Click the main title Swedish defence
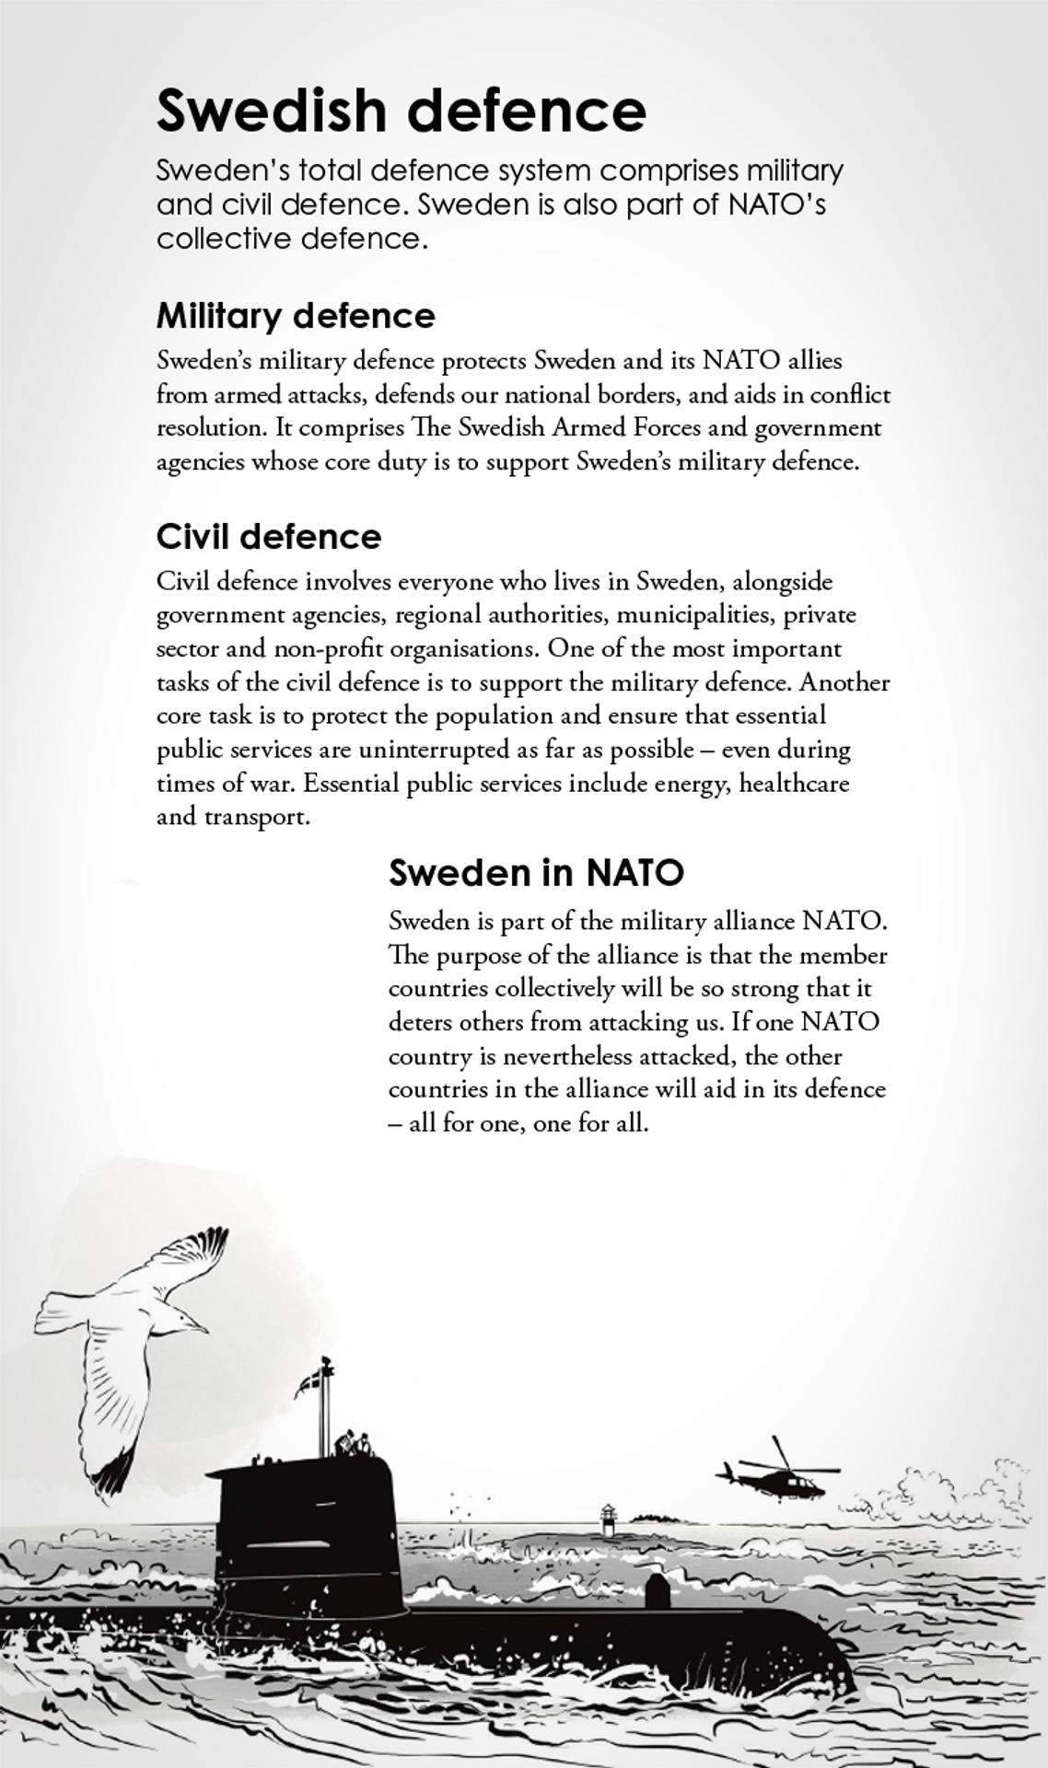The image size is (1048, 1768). pos(402,110)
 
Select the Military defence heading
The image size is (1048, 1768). pos(296,316)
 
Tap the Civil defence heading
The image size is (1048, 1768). pos(269,537)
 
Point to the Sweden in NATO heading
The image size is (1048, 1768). pos(536,872)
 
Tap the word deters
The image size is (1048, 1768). pos(420,1022)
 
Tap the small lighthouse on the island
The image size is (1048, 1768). pos(608,1519)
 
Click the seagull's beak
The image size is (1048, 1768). pos(200,1327)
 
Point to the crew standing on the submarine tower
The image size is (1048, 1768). pos(354,1443)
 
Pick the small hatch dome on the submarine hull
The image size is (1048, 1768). pos(657,1591)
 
